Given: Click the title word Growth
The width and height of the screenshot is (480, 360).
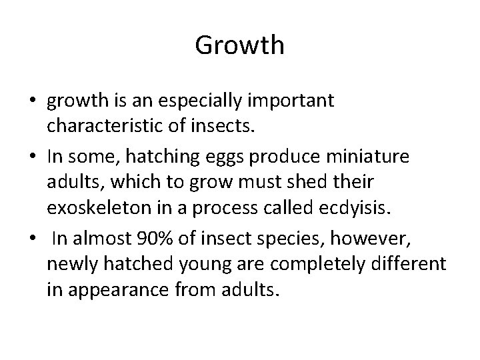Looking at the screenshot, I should point(240,46).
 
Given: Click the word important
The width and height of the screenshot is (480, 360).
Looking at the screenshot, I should point(293,101).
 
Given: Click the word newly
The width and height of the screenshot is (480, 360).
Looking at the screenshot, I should point(69,263).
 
